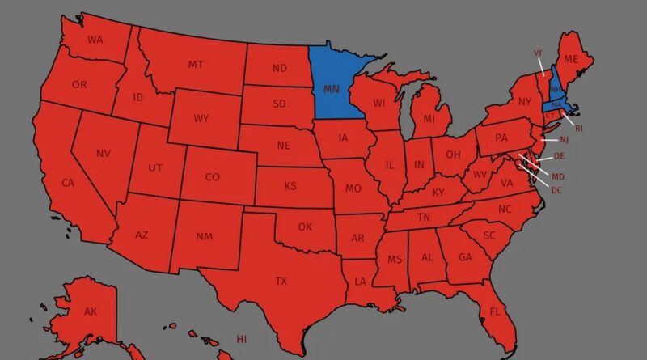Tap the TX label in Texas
(x=281, y=282)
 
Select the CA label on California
(x=68, y=183)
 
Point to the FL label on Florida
(x=495, y=311)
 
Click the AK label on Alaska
(x=91, y=311)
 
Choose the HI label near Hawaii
(x=241, y=338)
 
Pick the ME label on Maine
(x=571, y=59)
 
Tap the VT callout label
(x=538, y=53)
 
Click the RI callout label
(x=578, y=128)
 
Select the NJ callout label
(x=565, y=140)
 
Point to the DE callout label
(x=559, y=156)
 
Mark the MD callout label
(x=558, y=176)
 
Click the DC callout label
(x=556, y=190)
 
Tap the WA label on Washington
(x=95, y=40)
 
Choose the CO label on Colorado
(x=212, y=177)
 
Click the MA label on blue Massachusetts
(x=556, y=105)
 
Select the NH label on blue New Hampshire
(x=556, y=91)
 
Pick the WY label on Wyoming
(x=201, y=119)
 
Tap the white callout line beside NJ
(x=548, y=140)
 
